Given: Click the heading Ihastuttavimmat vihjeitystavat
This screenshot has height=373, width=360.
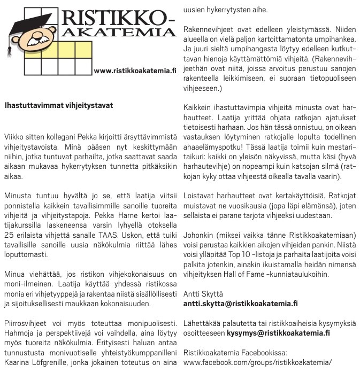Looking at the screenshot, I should coord(59,105).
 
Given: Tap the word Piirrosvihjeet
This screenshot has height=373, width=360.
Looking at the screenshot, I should coord(25,324).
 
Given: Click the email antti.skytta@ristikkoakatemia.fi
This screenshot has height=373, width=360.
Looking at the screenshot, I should coord(240,304).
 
